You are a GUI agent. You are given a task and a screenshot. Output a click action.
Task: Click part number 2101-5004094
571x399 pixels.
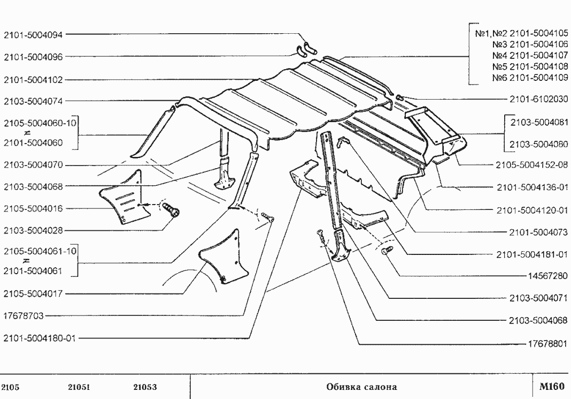point(33,35)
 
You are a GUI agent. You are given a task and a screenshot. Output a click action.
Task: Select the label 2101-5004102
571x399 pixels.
point(33,80)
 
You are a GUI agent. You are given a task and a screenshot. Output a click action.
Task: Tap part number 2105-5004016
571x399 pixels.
point(33,209)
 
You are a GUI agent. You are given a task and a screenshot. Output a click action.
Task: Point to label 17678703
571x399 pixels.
point(24,316)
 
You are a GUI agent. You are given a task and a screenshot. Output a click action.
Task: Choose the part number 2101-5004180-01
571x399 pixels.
point(40,338)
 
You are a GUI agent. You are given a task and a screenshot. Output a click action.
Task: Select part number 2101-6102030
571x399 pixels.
point(538,99)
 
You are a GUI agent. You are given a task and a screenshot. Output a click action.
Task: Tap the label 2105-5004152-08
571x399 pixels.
point(531,165)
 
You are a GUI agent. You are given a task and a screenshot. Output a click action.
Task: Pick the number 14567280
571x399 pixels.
point(547,276)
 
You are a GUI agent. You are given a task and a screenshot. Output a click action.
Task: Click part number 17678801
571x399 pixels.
point(547,343)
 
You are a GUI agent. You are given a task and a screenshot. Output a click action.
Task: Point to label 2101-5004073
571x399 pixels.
point(538,232)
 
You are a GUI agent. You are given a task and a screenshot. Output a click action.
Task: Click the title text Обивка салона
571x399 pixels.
point(361,387)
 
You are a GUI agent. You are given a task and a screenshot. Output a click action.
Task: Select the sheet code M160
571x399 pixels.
point(552,386)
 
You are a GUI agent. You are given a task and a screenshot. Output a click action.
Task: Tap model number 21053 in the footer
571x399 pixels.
point(145,387)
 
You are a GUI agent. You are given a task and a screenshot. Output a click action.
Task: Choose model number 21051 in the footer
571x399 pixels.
point(79,387)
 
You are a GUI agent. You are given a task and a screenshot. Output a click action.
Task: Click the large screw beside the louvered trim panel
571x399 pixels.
point(171,210)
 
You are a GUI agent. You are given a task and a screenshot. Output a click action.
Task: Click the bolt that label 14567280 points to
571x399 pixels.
point(387,251)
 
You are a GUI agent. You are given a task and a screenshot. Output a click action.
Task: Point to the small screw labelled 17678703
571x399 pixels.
point(267,218)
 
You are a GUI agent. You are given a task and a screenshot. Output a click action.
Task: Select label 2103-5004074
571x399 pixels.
point(33,101)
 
